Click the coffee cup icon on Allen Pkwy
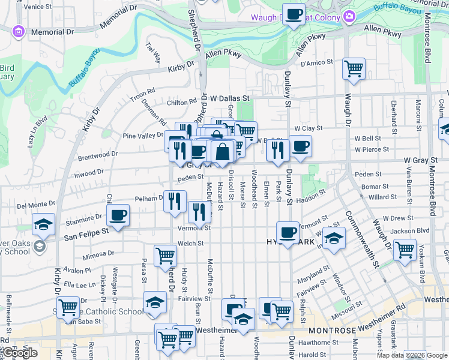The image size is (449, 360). [x=294, y=14]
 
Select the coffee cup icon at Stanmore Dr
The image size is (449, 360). [x=118, y=215]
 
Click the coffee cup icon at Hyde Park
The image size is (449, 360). [x=288, y=233]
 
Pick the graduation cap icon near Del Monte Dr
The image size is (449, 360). [x=43, y=224]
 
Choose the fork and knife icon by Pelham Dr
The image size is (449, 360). [x=175, y=202]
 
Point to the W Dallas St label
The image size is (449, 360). [x=230, y=98]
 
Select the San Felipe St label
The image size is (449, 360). [x=86, y=230]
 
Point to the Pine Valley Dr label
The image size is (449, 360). [x=143, y=136]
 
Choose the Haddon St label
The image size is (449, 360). [x=310, y=193]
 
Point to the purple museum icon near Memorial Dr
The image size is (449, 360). [x=19, y=31]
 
